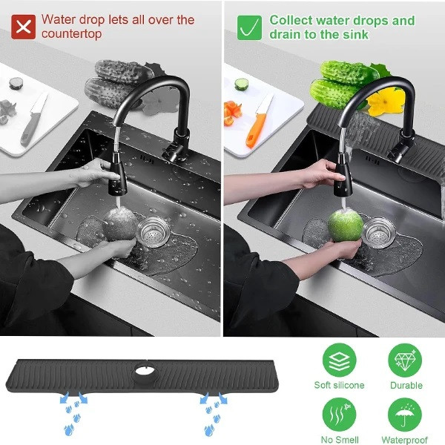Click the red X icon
[23, 27]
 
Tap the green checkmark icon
[249, 27]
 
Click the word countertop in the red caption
[71, 34]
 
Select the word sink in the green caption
[355, 35]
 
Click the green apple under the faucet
[346, 226]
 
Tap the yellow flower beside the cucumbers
[386, 102]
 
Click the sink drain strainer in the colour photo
[379, 232]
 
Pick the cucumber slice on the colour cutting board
[242, 85]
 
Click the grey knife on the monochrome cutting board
[34, 119]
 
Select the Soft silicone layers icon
[339, 360]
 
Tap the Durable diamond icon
[405, 360]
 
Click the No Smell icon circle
[339, 415]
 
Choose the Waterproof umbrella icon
[405, 415]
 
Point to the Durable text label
[406, 385]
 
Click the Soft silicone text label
[339, 385]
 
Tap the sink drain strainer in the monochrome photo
[154, 231]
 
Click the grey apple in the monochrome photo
[120, 224]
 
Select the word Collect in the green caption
[291, 21]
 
